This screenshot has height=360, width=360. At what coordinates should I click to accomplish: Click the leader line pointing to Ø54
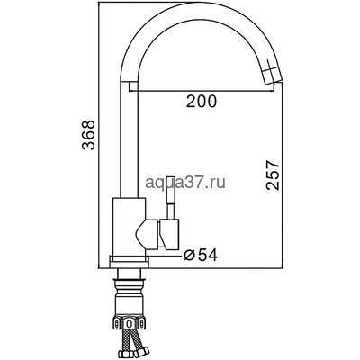[x=171, y=254]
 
